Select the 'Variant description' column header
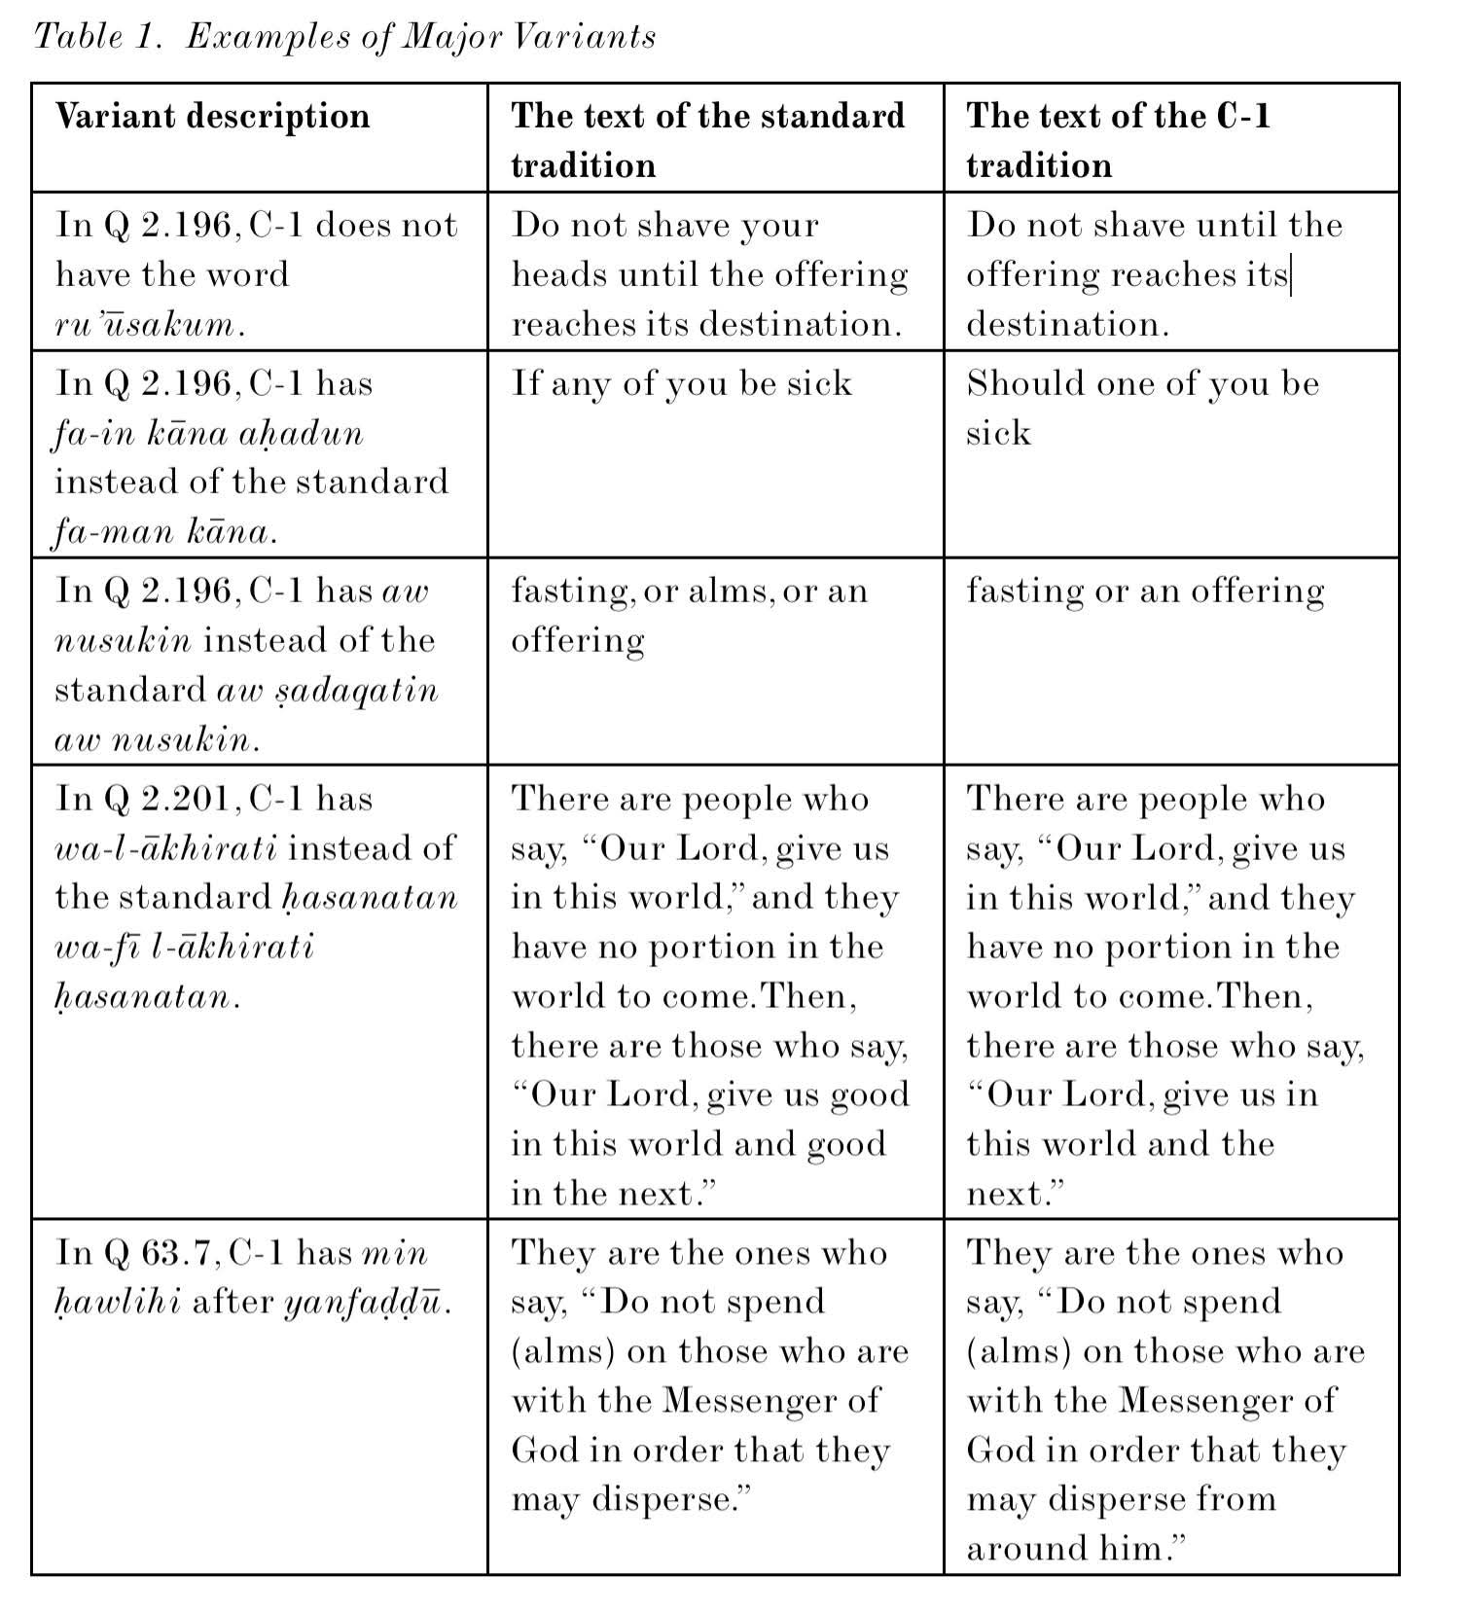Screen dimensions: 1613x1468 (212, 116)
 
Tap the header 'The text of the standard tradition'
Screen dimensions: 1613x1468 (707, 139)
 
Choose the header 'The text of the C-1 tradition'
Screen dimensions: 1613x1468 (1118, 139)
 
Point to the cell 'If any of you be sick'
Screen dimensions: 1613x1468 (681, 383)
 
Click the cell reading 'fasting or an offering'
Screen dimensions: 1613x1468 (1144, 591)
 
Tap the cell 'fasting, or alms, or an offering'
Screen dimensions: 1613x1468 (689, 615)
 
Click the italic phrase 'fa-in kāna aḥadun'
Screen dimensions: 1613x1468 (208, 433)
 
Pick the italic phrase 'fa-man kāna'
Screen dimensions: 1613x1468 (161, 532)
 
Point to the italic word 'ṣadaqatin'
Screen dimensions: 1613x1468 (327, 690)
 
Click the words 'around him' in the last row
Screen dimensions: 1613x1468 (1067, 1548)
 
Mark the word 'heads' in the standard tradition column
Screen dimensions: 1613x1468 (557, 275)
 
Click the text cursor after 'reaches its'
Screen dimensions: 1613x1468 (1291, 275)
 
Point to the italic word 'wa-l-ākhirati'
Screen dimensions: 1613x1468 (165, 848)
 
